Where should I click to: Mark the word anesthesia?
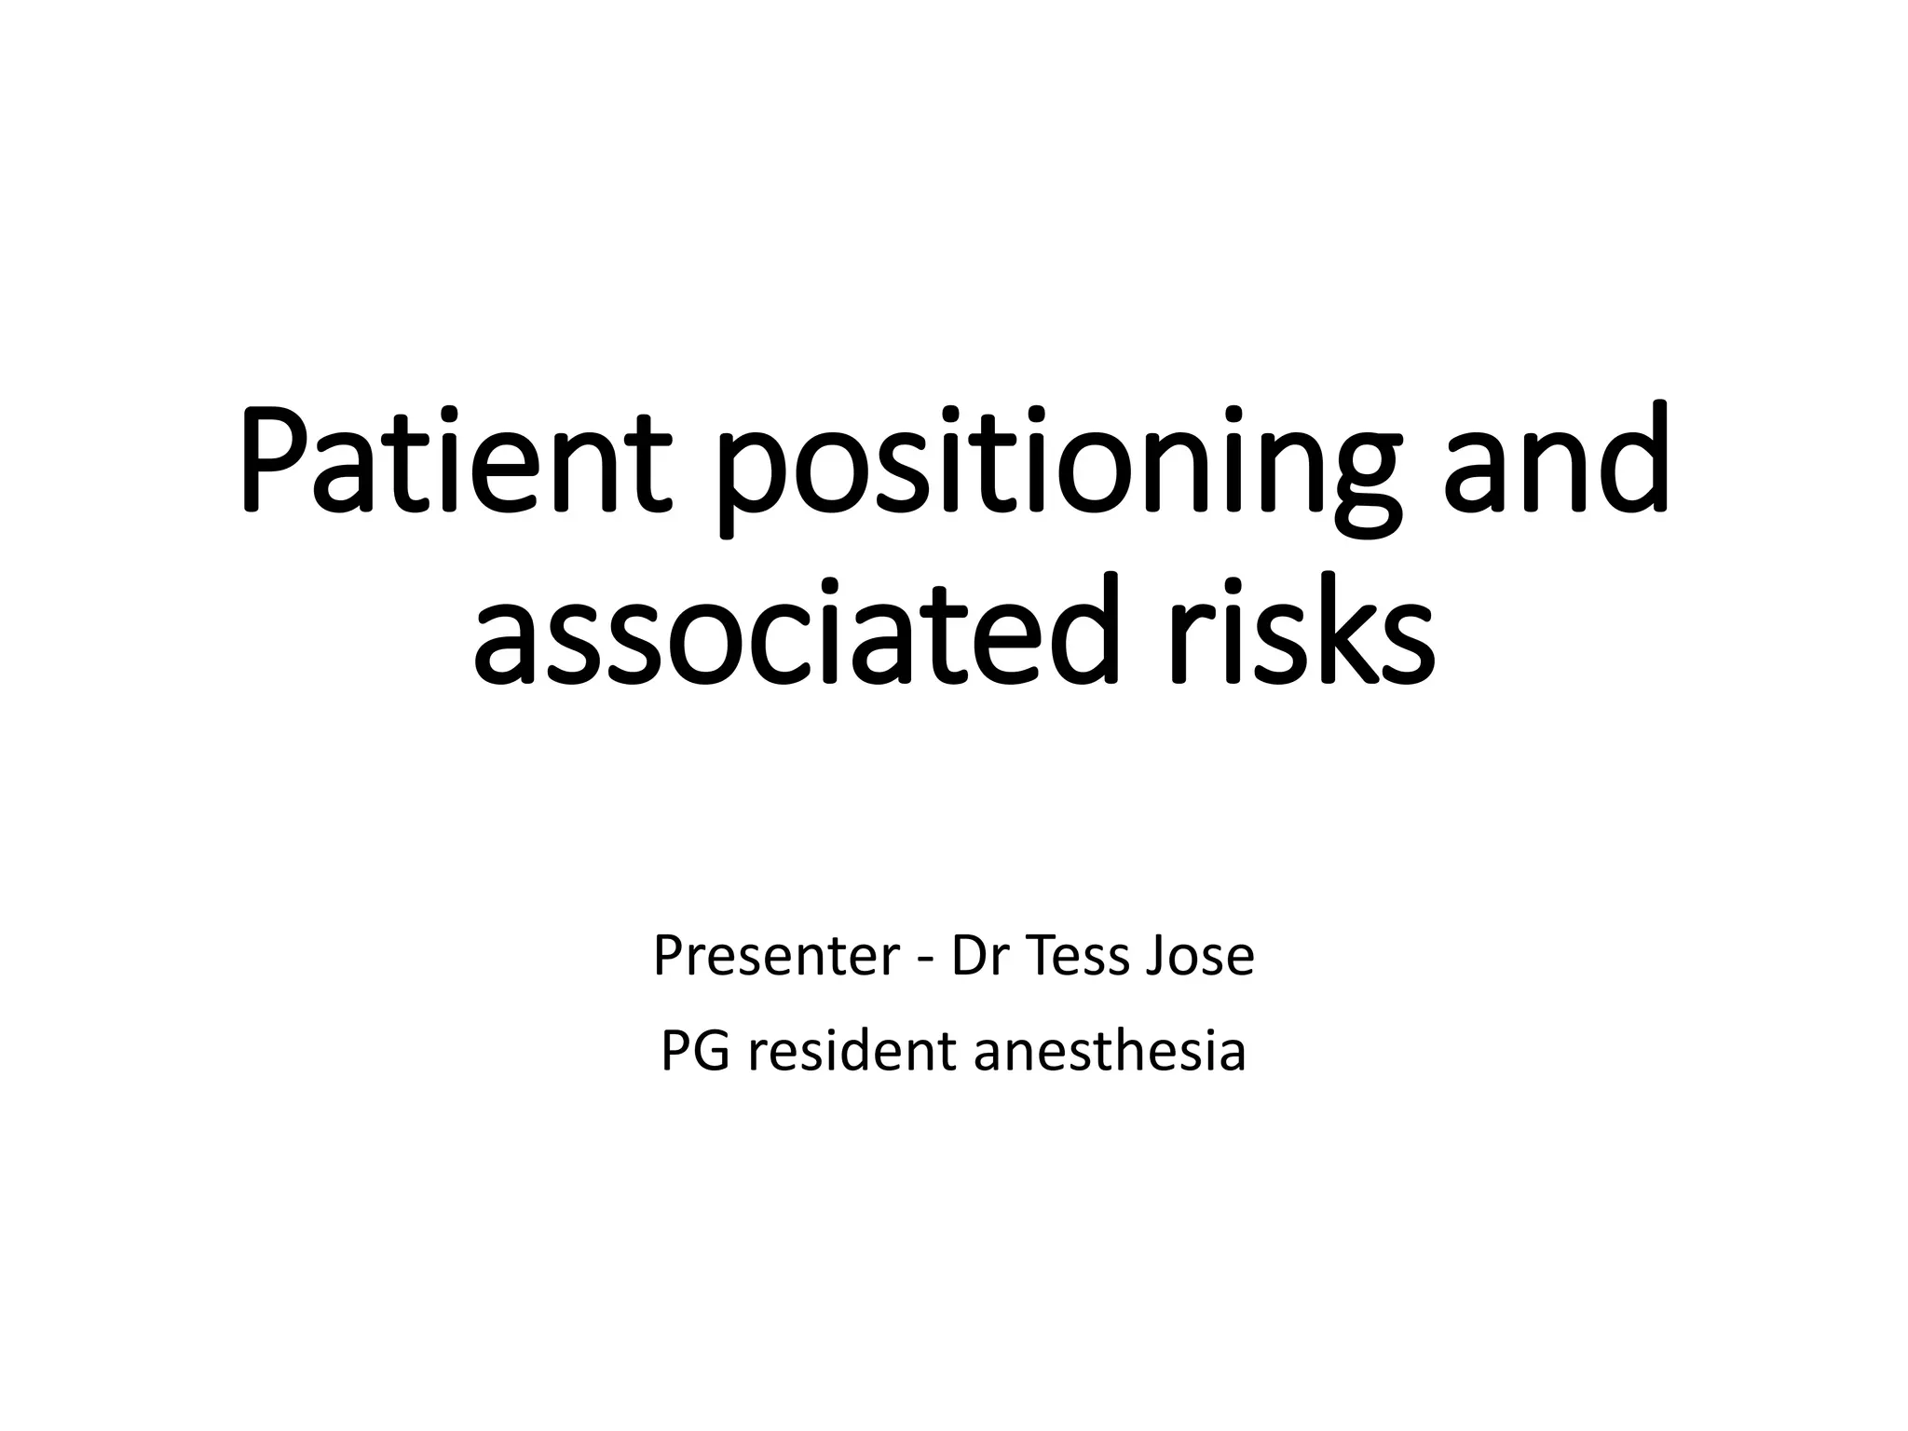(x=1110, y=1052)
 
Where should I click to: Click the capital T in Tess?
(x=1041, y=956)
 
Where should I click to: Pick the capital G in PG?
(x=712, y=1052)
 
